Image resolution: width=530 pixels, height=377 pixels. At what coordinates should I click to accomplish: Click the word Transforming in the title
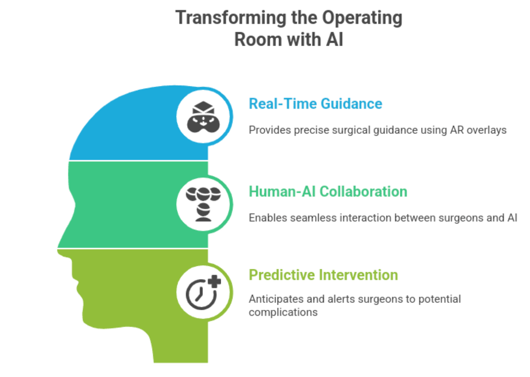click(231, 18)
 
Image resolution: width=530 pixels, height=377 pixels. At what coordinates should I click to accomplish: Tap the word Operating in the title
click(362, 18)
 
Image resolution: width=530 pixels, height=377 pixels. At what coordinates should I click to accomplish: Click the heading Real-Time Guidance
click(315, 104)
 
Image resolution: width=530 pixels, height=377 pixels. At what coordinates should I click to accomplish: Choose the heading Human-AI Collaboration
click(328, 191)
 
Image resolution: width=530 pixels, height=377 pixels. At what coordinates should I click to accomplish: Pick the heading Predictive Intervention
click(324, 275)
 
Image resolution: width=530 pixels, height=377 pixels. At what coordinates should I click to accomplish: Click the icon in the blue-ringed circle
click(203, 117)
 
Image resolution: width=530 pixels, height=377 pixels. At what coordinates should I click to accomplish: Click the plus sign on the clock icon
click(215, 281)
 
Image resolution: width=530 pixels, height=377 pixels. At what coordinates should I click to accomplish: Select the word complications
click(283, 312)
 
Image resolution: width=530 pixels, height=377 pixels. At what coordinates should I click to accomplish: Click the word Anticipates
click(276, 299)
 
